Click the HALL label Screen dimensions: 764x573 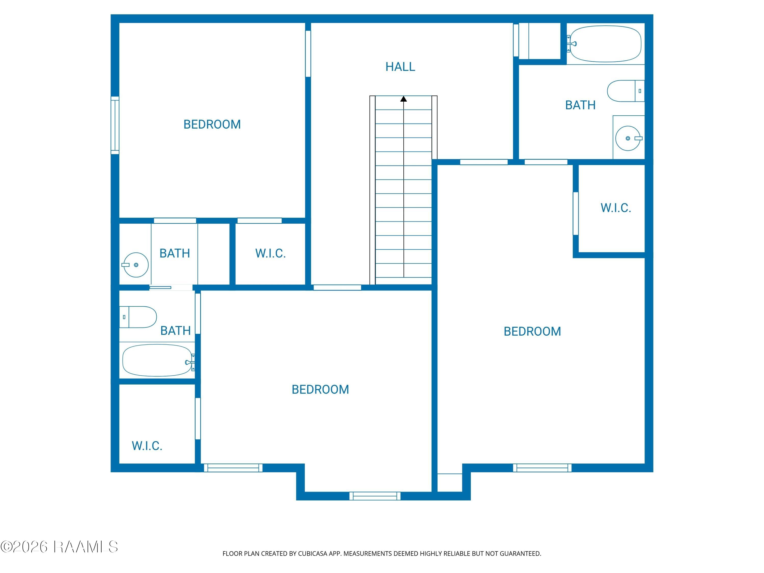[400, 67]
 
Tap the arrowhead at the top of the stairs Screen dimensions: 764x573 [403, 99]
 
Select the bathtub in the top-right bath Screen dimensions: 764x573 [605, 44]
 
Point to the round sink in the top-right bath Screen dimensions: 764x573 [628, 138]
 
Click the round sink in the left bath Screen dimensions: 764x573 [136, 265]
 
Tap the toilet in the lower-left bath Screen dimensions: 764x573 [138, 317]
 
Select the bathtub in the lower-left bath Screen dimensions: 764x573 [158, 360]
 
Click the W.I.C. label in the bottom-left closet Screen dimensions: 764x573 [147, 446]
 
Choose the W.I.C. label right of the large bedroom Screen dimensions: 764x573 [616, 208]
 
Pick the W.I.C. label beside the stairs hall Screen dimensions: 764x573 [270, 253]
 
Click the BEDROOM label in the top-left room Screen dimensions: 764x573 [212, 124]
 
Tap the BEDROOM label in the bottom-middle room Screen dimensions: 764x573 [320, 390]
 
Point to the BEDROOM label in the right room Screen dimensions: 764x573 [532, 332]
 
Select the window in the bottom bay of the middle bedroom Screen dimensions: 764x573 [375, 496]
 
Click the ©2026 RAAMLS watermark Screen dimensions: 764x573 [59, 547]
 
